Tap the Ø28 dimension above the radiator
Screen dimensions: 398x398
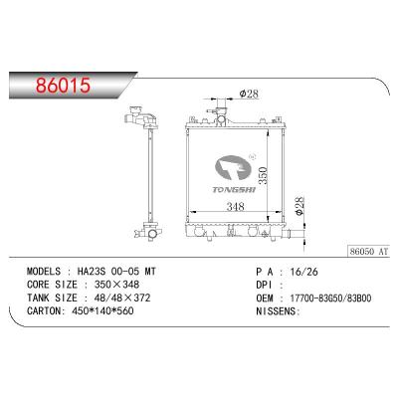pos(251,94)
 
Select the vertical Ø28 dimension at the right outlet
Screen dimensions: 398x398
pos(299,206)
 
